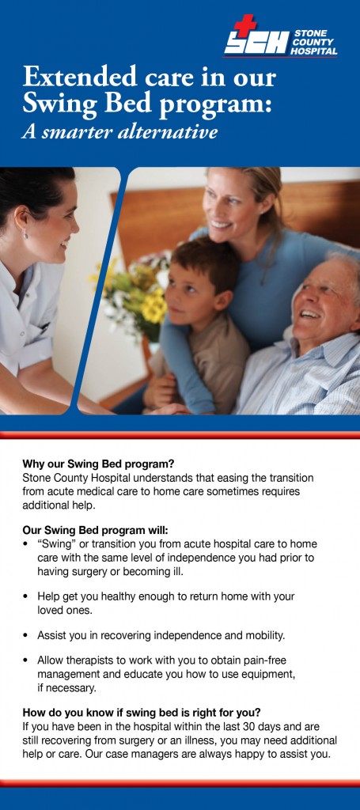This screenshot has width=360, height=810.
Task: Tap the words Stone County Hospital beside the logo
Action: pos(315,43)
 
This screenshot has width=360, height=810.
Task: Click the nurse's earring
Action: pos(25,234)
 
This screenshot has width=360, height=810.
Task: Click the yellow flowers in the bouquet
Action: pos(153,305)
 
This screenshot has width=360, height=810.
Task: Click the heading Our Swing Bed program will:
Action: pos(96,531)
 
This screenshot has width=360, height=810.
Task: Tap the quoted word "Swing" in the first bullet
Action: pos(55,544)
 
